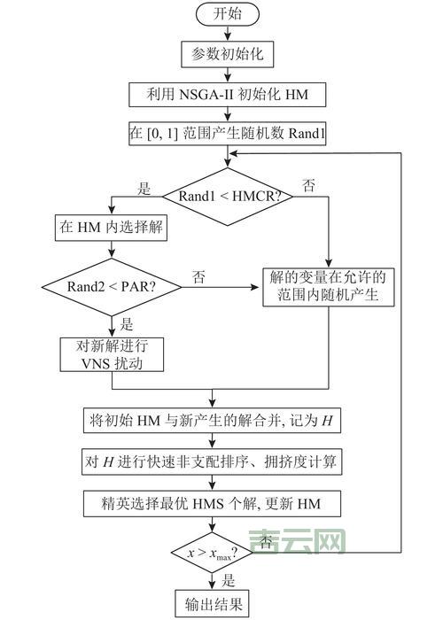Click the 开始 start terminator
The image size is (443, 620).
coord(228,14)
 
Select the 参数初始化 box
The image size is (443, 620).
coord(228,54)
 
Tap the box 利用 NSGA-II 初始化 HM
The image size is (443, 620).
coord(228,94)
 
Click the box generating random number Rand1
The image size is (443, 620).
coord(228,135)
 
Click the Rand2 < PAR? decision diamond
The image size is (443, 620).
coord(111,287)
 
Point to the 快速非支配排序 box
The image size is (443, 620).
coord(229,461)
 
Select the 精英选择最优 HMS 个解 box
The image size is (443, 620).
coord(229,504)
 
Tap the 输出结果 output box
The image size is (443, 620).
coord(213,605)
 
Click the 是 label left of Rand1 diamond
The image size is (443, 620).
coord(145,188)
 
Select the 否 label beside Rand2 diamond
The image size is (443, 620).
coord(199,278)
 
